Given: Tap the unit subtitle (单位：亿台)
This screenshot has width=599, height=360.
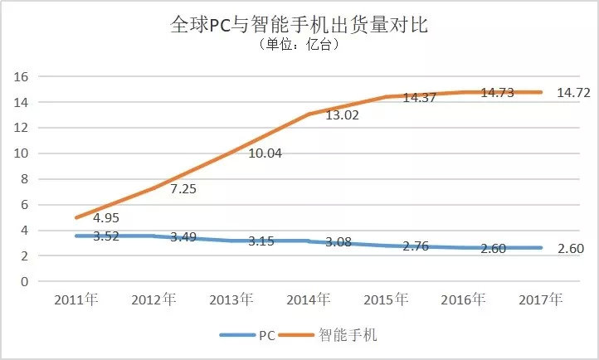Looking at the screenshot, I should (x=299, y=45).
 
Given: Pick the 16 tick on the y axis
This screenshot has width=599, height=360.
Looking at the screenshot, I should (x=22, y=76).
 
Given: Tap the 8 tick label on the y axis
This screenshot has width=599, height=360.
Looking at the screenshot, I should (x=25, y=179).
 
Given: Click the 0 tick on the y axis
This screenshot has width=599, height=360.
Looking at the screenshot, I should (x=25, y=281).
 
